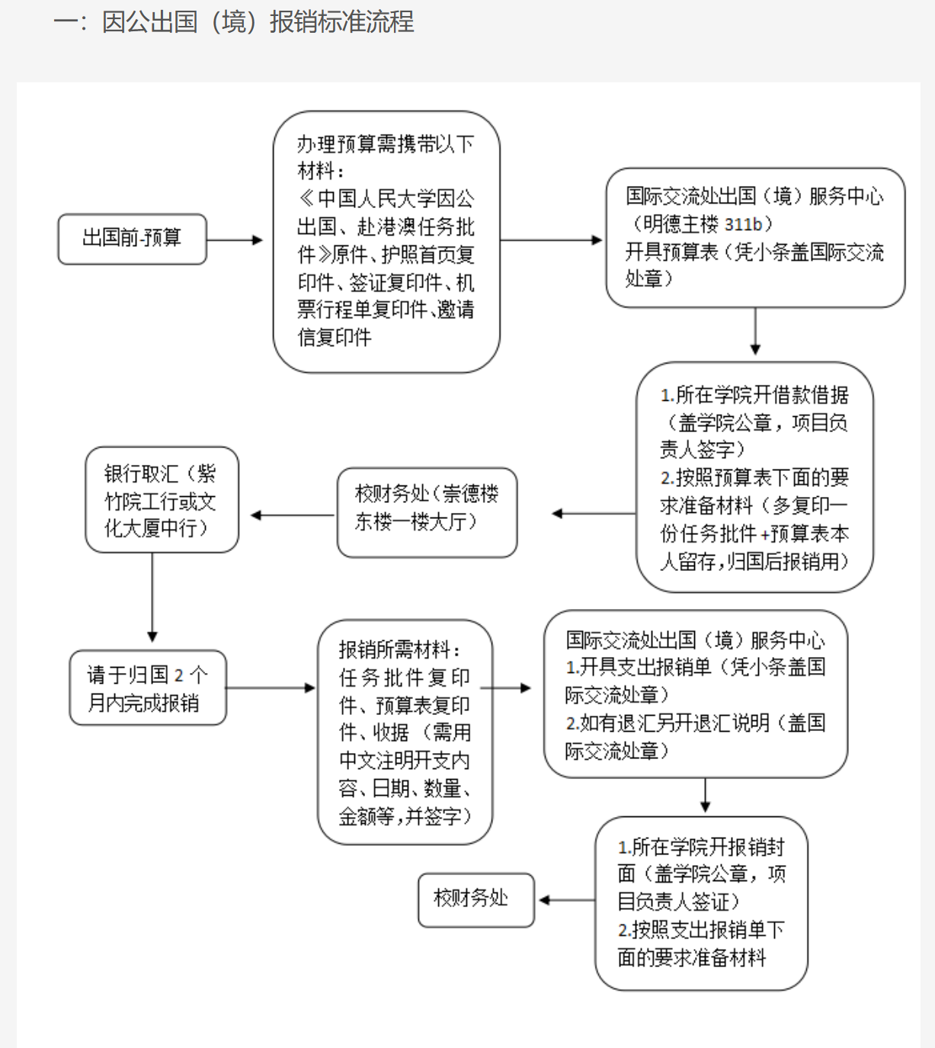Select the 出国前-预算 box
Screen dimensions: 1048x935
(132, 239)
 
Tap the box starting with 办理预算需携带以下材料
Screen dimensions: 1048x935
(386, 241)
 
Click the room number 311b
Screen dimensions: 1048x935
(742, 224)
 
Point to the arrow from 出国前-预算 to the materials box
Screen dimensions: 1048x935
(235, 240)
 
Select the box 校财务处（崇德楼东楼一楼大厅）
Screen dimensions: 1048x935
(427, 512)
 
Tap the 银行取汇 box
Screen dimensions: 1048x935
(162, 500)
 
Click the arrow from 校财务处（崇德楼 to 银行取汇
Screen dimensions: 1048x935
(293, 515)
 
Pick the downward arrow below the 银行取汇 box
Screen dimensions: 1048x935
(152, 598)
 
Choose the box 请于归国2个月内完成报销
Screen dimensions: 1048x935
(147, 688)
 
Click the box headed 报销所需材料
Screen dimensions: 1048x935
(405, 732)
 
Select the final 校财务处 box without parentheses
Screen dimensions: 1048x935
(476, 899)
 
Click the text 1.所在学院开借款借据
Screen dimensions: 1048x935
(754, 395)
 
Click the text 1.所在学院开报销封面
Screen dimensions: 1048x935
(700, 847)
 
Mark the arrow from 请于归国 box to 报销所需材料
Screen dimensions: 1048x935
(271, 688)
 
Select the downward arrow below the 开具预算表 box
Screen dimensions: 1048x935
(755, 332)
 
